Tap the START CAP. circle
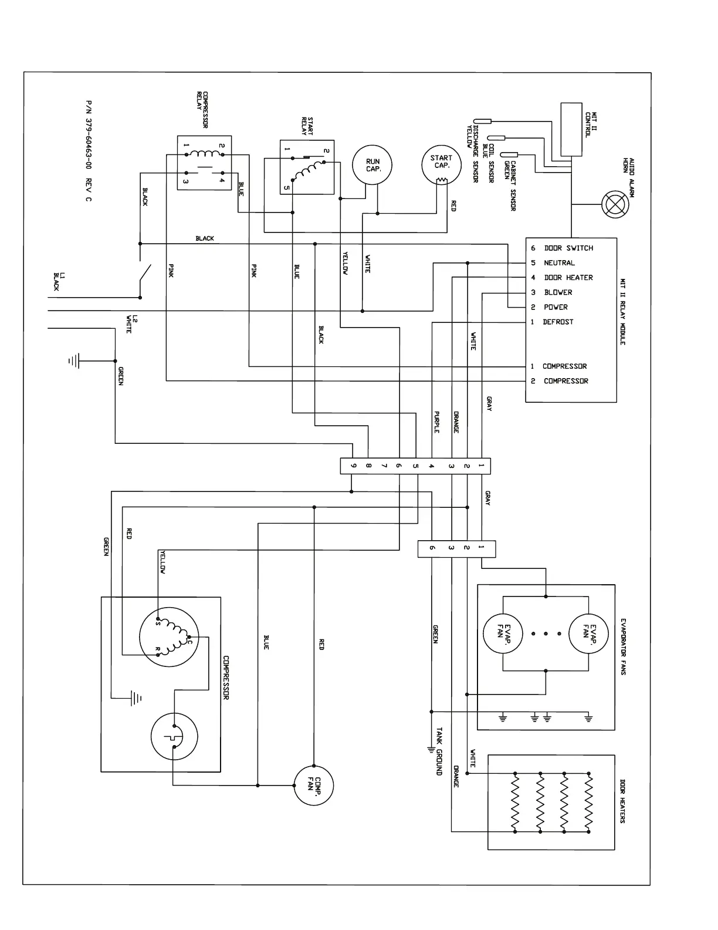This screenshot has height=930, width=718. click(442, 165)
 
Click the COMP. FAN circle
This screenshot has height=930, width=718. click(314, 786)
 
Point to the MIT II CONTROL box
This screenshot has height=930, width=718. click(571, 129)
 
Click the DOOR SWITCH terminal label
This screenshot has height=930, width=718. click(568, 248)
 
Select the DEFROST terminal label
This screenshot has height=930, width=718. click(558, 322)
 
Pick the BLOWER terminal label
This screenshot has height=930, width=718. click(558, 292)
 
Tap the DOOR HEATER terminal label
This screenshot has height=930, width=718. click(568, 278)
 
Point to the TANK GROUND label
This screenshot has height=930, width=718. click(439, 752)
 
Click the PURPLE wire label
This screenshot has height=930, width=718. click(436, 422)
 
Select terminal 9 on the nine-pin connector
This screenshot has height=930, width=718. click(353, 466)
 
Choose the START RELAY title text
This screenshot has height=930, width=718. click(307, 126)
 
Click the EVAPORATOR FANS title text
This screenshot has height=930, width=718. click(623, 646)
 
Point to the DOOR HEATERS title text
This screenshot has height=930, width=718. click(622, 801)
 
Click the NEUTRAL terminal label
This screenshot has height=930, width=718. click(559, 263)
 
